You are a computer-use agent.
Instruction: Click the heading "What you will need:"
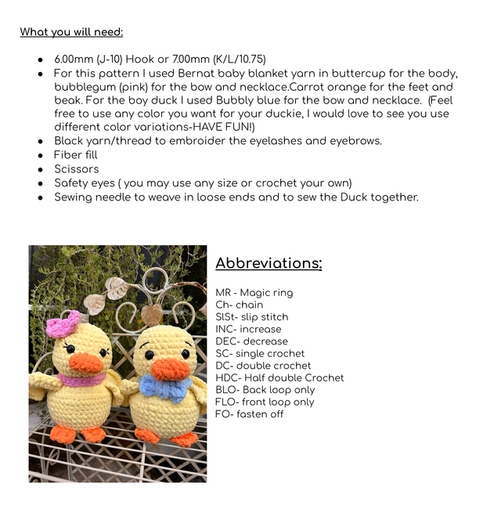click(x=71, y=32)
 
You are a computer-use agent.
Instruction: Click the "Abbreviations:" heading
click(x=269, y=263)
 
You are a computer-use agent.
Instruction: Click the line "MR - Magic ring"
click(x=254, y=293)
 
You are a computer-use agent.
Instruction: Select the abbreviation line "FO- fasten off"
click(x=249, y=414)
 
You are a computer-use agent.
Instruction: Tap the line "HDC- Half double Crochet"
click(x=279, y=378)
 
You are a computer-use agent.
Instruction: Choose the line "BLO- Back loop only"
click(x=265, y=390)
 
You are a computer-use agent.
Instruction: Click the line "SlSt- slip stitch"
click(x=251, y=317)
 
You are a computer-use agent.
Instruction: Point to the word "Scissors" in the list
click(x=77, y=169)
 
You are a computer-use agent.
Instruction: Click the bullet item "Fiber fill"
click(x=75, y=155)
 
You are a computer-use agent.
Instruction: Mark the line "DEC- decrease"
click(x=251, y=341)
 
